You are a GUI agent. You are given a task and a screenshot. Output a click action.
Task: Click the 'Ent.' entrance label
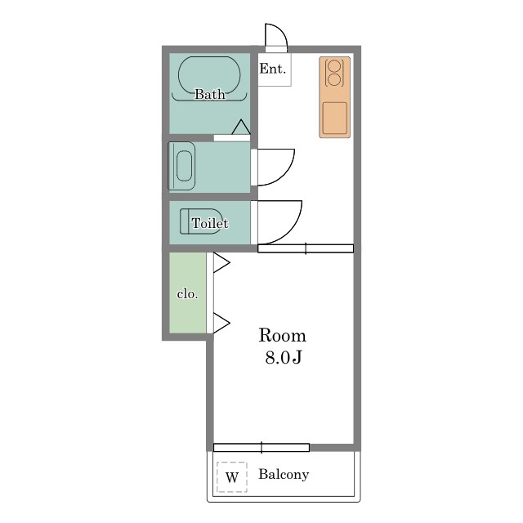tap(272, 69)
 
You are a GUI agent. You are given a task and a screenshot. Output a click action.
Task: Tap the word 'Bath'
tap(209, 94)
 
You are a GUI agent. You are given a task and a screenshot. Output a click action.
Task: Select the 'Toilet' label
tap(210, 223)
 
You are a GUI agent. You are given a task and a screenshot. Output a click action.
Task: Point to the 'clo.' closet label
tap(187, 294)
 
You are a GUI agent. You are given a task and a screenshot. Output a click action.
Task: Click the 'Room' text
tap(282, 335)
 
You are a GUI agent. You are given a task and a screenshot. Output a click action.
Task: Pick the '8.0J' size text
tap(284, 358)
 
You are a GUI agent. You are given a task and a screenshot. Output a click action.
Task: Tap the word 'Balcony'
tap(284, 474)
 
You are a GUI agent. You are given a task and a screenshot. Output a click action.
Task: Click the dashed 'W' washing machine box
tap(232, 477)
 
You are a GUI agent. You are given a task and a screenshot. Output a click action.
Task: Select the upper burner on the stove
tap(334, 65)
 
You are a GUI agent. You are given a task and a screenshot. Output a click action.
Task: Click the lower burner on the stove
tap(334, 80)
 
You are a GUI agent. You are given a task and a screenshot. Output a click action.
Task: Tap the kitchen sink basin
tap(335, 118)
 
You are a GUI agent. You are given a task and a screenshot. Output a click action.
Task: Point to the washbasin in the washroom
tap(184, 166)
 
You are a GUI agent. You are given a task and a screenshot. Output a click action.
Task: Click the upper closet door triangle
tap(221, 263)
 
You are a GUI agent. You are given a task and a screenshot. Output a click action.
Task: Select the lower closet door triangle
tap(221, 323)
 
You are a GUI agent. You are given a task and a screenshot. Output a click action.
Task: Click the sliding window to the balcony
tap(261, 448)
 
